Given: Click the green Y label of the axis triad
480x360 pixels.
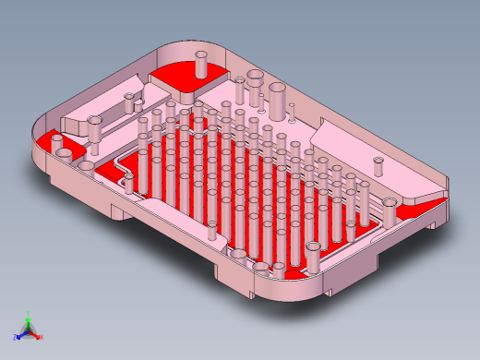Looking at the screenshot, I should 30,313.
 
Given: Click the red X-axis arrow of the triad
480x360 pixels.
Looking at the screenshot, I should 36,334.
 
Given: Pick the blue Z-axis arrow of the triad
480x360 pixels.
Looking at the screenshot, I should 20,333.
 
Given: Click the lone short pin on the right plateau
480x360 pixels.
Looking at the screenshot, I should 378,168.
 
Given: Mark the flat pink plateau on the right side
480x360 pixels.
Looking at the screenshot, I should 369,152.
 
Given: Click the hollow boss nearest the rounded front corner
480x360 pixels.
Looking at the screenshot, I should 315,249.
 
